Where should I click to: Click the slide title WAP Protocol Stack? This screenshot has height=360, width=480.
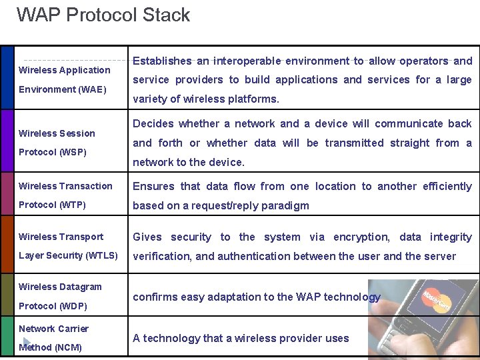click(103, 15)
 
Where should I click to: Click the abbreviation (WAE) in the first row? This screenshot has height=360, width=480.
click(92, 89)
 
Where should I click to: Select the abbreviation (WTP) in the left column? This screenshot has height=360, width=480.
click(71, 205)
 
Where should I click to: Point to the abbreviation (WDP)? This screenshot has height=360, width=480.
click(71, 305)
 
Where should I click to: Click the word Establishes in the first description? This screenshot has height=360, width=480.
click(162, 61)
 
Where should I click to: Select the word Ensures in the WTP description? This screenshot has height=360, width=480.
click(153, 186)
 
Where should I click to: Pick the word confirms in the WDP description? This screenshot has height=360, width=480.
click(155, 297)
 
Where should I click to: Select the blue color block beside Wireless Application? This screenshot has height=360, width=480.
click(7, 77)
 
